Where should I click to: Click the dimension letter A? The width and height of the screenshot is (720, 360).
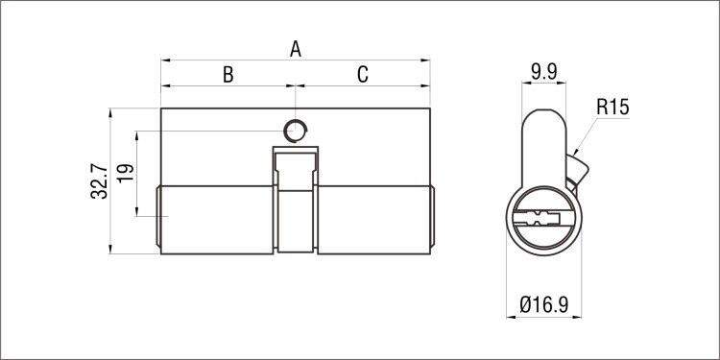296,49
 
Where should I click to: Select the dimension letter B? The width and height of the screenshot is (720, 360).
228,74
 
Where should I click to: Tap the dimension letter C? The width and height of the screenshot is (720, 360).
363,74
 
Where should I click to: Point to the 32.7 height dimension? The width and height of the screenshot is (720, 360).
99,181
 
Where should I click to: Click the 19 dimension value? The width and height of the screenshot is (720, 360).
126,173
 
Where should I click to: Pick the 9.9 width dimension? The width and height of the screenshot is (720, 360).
544,72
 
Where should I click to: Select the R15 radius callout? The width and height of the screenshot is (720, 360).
612,107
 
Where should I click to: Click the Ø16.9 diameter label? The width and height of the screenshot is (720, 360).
544,304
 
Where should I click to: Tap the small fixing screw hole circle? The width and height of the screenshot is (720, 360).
295,131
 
